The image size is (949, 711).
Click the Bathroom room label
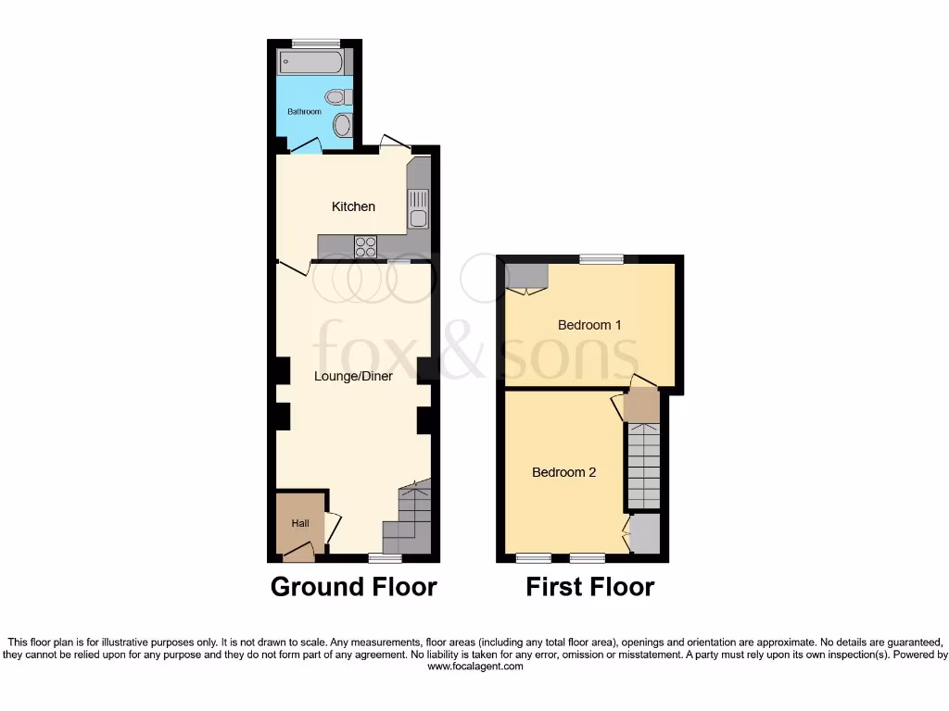[304, 111]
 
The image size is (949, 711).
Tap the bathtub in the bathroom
[310, 62]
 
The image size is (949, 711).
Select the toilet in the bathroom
[337, 96]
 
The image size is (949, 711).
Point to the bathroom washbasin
[341, 124]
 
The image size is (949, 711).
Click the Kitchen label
[353, 206]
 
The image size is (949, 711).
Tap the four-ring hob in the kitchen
[365, 246]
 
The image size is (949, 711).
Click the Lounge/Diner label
[353, 377]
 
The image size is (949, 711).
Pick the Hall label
[300, 524]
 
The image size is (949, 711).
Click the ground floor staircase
[410, 520]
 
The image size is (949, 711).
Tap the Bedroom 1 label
[589, 325]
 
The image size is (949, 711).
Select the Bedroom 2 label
[563, 472]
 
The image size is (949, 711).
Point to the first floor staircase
[642, 466]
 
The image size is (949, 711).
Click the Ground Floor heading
[353, 587]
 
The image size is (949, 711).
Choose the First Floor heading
[590, 587]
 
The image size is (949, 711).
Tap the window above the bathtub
[315, 43]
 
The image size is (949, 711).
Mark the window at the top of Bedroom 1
[602, 259]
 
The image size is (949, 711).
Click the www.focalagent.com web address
[474, 666]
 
